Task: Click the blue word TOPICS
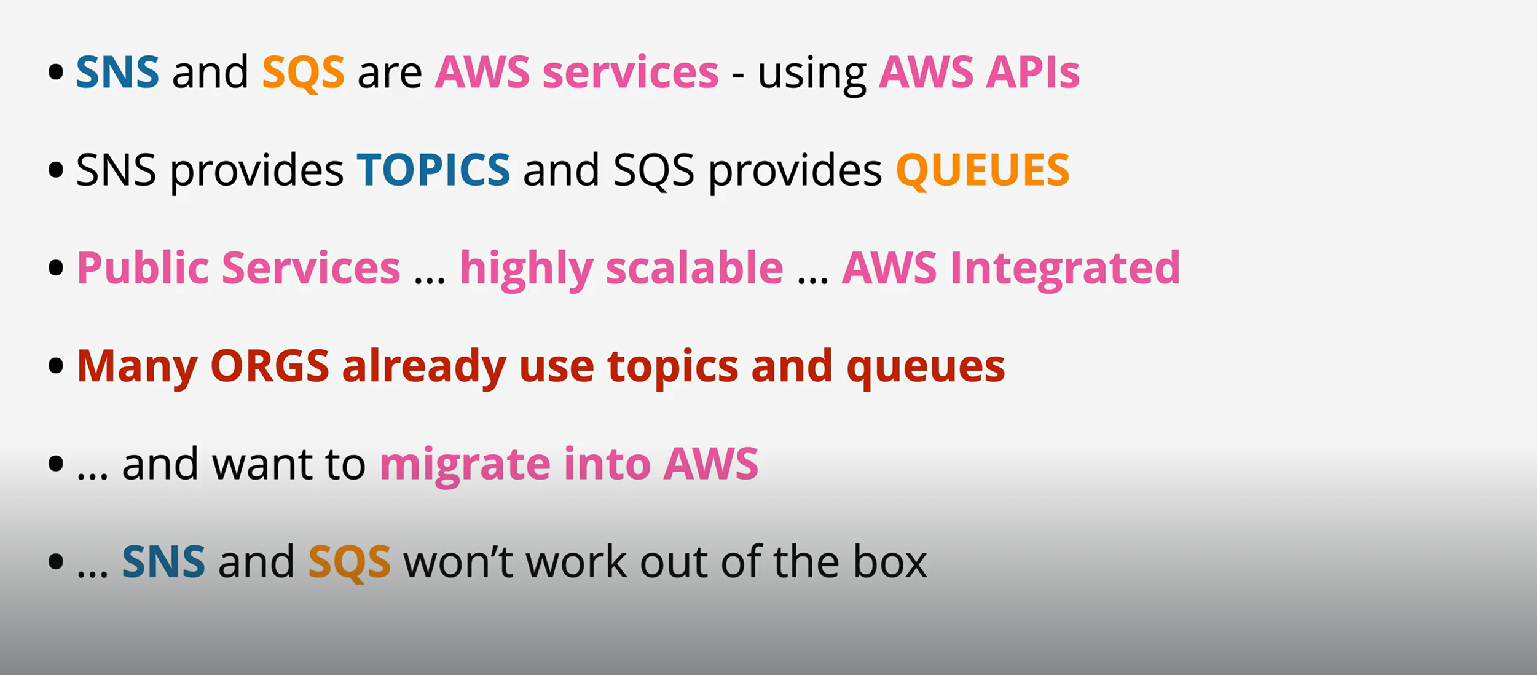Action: coord(433,170)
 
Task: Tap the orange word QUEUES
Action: coord(982,170)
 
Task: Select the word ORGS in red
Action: coord(270,366)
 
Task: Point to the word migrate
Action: coord(465,465)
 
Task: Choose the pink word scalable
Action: coord(694,268)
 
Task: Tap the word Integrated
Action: coord(1065,268)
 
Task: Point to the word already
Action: coord(424,366)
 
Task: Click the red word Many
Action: coord(136,366)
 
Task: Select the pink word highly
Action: coord(526,269)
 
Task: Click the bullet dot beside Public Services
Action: coord(56,268)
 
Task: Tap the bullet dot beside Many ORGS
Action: coord(56,366)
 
